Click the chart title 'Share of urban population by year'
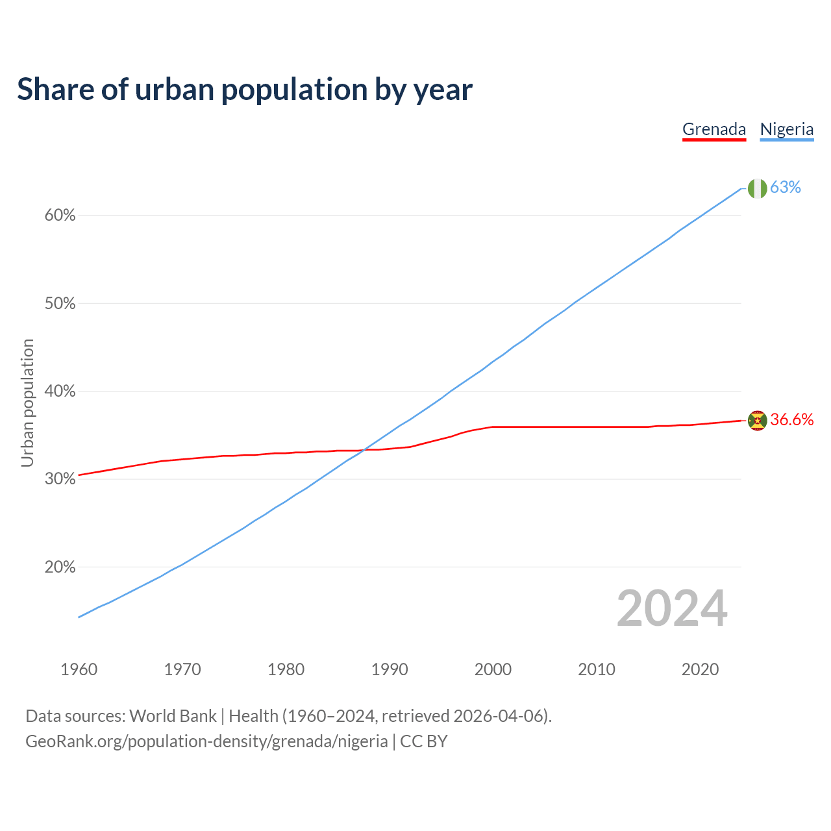coord(245,90)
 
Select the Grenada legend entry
coord(714,129)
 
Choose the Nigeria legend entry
coord(787,129)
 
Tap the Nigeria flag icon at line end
coord(757,188)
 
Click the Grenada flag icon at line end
coord(757,421)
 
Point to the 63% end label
coord(786,187)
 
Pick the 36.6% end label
coord(792,420)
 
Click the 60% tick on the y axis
coord(60,216)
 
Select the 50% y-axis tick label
coord(60,304)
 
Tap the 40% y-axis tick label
coord(60,391)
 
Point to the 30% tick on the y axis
coord(60,479)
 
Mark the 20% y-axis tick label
coord(60,567)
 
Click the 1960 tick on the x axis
coord(79,669)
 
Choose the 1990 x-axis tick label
coord(390,669)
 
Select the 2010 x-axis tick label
coord(597,669)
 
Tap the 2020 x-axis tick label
coord(700,669)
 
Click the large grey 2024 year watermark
coord(672,609)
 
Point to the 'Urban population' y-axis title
coord(27,403)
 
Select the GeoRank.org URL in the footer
coord(206,741)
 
